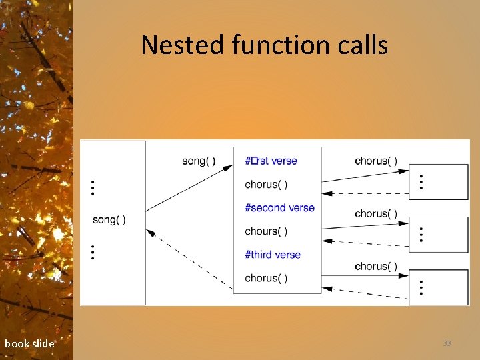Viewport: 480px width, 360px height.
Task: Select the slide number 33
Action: pyautogui.click(x=447, y=343)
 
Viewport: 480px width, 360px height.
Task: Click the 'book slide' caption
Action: pyautogui.click(x=29, y=344)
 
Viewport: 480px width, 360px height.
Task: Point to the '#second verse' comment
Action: pyautogui.click(x=279, y=207)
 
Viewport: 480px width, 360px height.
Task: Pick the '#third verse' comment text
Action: pyautogui.click(x=273, y=254)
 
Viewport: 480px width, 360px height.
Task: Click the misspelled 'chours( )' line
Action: pyautogui.click(x=266, y=231)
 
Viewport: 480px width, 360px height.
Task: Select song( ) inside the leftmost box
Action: pyautogui.click(x=109, y=219)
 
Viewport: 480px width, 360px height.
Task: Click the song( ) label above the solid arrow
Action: pyautogui.click(x=199, y=161)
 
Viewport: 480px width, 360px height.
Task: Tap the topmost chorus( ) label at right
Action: pyautogui.click(x=376, y=161)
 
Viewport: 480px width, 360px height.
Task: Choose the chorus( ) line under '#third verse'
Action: pyautogui.click(x=266, y=278)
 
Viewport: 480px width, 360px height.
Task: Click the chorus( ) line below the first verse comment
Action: pyautogui.click(x=266, y=184)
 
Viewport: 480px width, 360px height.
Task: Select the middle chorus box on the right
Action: pyautogui.click(x=438, y=233)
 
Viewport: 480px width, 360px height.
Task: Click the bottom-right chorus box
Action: pyautogui.click(x=438, y=287)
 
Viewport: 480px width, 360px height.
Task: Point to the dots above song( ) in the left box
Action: pyautogui.click(x=93, y=187)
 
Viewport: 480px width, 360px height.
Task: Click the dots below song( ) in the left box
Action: pyautogui.click(x=93, y=252)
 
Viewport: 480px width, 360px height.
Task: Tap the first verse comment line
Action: pyautogui.click(x=271, y=161)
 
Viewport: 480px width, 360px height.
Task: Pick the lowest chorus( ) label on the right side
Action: pyautogui.click(x=376, y=266)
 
